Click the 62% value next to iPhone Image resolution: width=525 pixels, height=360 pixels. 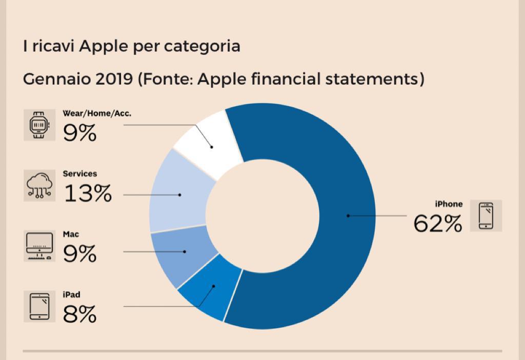(x=438, y=223)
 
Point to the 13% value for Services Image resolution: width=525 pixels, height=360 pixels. (x=88, y=193)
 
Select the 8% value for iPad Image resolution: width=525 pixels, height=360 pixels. (x=79, y=313)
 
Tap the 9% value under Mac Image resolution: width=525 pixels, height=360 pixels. (x=79, y=253)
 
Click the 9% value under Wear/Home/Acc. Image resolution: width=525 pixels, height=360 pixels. (x=79, y=133)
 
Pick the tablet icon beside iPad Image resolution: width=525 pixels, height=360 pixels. (x=39, y=306)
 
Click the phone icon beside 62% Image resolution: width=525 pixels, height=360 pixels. (x=486, y=215)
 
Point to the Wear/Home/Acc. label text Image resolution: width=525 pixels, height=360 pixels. (x=97, y=113)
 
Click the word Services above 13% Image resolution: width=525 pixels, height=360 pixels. (x=79, y=174)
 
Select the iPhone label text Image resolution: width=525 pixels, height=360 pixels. (x=449, y=204)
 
